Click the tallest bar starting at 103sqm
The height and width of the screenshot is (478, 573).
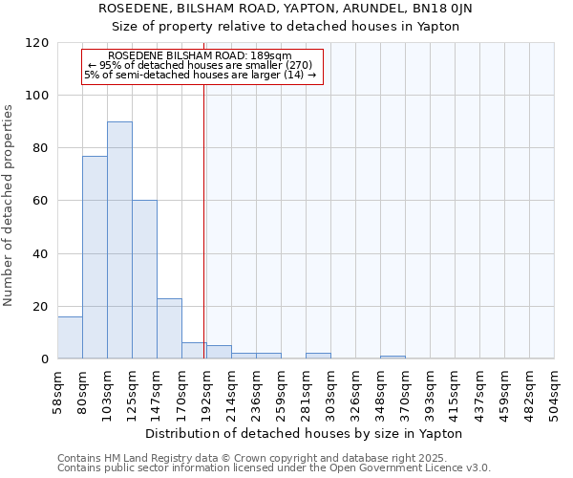coord(119,240)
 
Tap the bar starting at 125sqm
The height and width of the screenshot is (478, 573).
coord(144,279)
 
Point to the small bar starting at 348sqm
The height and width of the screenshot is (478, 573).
coord(393,358)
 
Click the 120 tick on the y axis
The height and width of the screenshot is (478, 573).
coord(37,43)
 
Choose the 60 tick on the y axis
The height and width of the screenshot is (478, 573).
coord(41,202)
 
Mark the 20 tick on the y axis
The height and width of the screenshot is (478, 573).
coord(41,307)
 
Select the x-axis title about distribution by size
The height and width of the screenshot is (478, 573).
coord(305,433)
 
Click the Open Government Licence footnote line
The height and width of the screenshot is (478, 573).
coord(274,468)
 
